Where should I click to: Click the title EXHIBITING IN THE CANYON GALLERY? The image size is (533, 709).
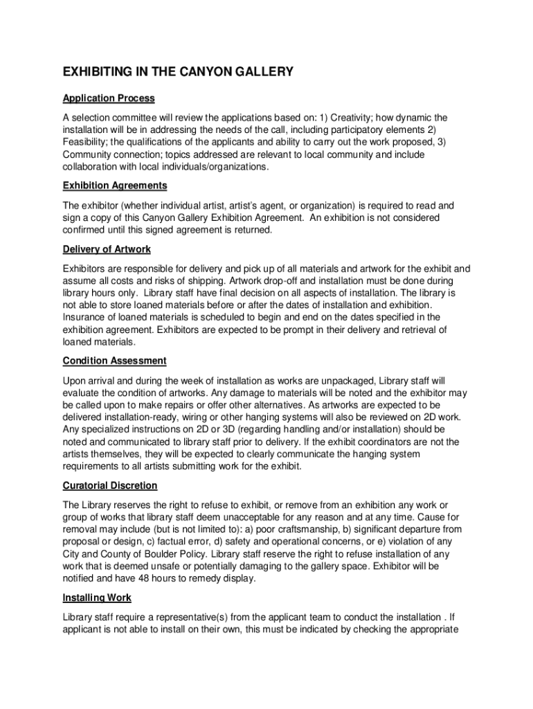[x=178, y=72]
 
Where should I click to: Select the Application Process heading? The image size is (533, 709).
[x=109, y=98]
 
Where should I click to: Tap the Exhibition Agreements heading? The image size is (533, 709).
[x=115, y=186]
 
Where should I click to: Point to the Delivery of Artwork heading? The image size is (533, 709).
[x=107, y=249]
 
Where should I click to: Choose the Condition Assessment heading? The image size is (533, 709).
[x=114, y=361]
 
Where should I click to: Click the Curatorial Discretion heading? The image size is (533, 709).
[x=110, y=485]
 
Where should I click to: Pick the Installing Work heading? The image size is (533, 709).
[x=97, y=598]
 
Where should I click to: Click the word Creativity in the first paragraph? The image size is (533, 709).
[x=345, y=117]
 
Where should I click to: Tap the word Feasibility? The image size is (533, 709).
[x=87, y=142]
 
